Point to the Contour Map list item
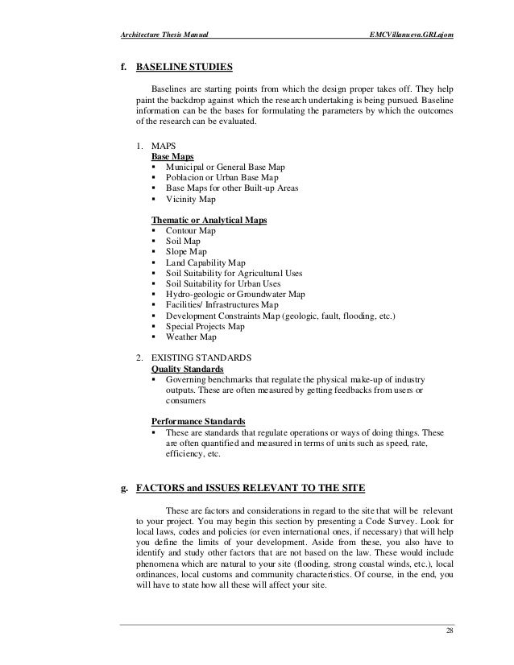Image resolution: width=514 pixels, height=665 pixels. pos(191,230)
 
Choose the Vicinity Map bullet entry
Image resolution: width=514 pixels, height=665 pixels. pos(190,198)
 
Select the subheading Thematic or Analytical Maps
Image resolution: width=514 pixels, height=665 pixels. pos(209,220)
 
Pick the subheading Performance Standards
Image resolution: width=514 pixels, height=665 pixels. pos(198,421)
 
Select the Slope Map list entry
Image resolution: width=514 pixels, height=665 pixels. pos(186,252)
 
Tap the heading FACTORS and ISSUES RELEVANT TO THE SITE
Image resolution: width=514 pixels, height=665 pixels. pos(251,488)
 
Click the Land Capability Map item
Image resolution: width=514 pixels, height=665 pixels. pos(205,262)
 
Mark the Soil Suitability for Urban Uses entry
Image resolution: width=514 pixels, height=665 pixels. pos(222,284)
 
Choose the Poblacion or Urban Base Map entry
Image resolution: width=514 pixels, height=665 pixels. pos(222,176)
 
